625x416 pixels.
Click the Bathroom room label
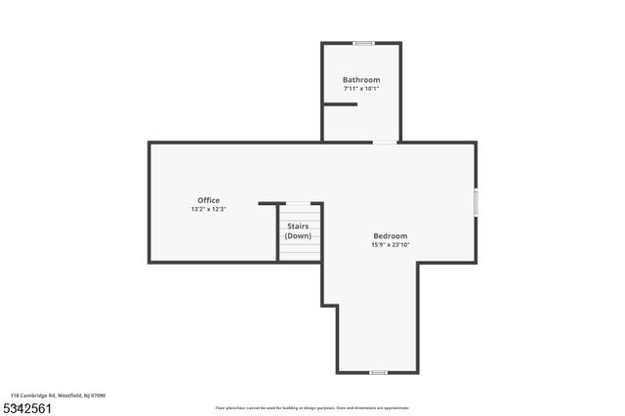pyautogui.click(x=360, y=79)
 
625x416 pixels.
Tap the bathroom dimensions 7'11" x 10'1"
pyautogui.click(x=360, y=89)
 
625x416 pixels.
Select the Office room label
pyautogui.click(x=208, y=200)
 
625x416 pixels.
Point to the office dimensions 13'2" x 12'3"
pyautogui.click(x=208, y=209)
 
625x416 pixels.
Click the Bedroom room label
pyautogui.click(x=390, y=235)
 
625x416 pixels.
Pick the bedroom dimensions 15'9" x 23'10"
pyautogui.click(x=390, y=245)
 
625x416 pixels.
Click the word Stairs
pyautogui.click(x=298, y=227)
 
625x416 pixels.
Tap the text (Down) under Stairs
pyautogui.click(x=298, y=236)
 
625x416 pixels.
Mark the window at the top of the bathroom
pyautogui.click(x=363, y=43)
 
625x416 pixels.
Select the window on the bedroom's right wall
pyautogui.click(x=476, y=201)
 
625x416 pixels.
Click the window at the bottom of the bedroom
pyautogui.click(x=378, y=372)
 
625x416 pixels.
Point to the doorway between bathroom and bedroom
pyautogui.click(x=385, y=143)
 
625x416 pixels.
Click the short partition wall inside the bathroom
pyautogui.click(x=340, y=104)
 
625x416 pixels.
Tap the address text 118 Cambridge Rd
pyautogui.click(x=35, y=395)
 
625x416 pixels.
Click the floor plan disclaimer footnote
pyautogui.click(x=312, y=408)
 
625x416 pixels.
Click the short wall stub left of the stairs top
pyautogui.click(x=271, y=203)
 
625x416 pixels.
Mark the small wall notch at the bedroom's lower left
pyautogui.click(x=330, y=306)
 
